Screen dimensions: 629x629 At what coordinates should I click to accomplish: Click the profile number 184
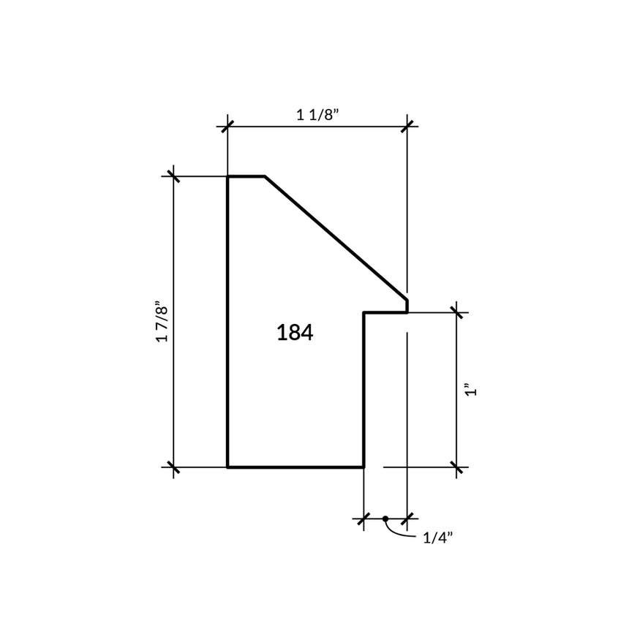click(x=295, y=333)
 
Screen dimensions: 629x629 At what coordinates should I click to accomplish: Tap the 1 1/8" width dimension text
click(x=317, y=115)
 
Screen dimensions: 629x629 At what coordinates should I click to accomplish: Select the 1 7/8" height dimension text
click(x=162, y=321)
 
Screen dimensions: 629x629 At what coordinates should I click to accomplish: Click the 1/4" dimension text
click(x=438, y=538)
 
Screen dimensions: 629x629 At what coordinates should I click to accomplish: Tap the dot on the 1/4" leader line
click(x=385, y=519)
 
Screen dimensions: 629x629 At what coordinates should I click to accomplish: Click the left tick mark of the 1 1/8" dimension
click(x=227, y=127)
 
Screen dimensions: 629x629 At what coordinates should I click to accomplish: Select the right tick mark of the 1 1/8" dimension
click(x=407, y=127)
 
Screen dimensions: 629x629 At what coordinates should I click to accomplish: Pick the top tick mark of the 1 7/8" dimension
click(x=173, y=176)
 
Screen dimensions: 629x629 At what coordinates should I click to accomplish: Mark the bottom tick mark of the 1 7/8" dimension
click(x=173, y=467)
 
